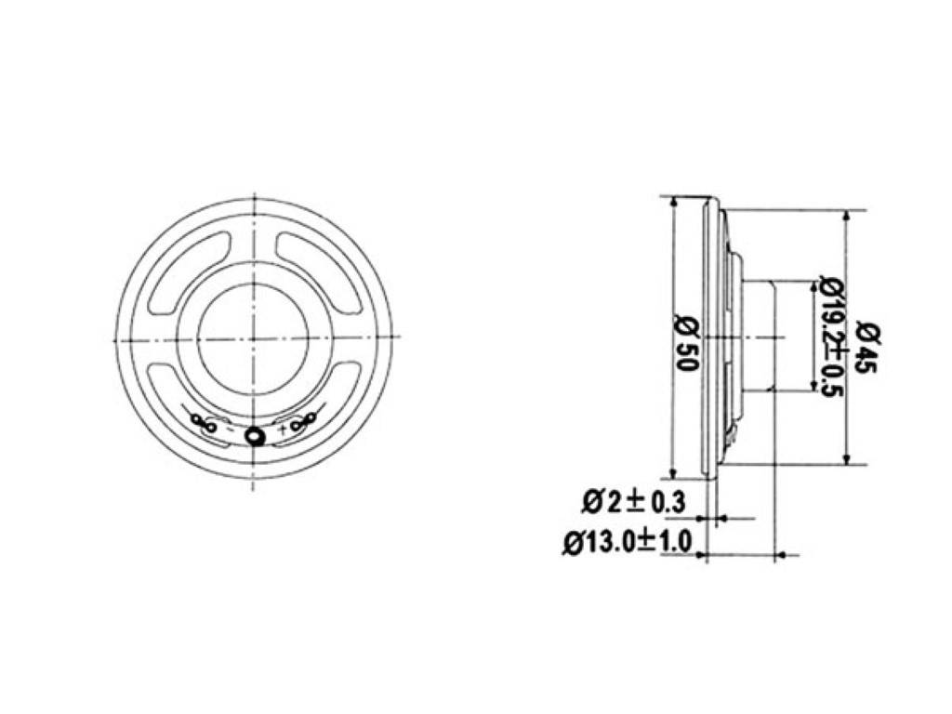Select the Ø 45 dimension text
(867, 346)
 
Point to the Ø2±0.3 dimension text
(633, 502)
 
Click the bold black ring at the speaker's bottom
(254, 435)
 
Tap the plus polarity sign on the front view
(283, 430)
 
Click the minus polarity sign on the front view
(230, 429)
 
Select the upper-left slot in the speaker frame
(189, 270)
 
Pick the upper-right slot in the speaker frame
(318, 270)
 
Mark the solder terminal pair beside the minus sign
(203, 423)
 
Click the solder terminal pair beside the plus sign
(304, 423)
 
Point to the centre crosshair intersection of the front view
(254, 337)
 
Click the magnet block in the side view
(759, 337)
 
